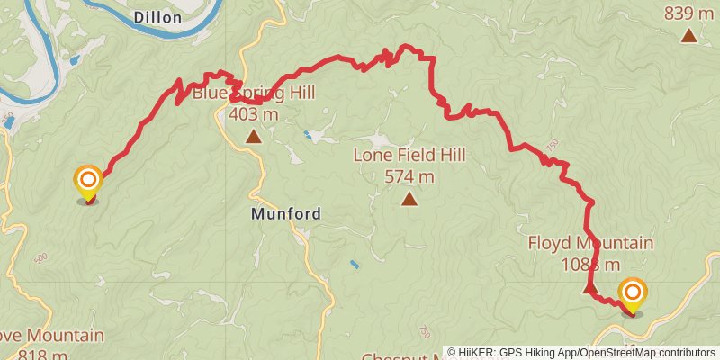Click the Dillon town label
[157, 17]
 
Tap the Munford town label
[285, 214]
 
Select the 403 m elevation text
[253, 114]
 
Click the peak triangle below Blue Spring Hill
[253, 138]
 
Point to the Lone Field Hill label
[409, 156]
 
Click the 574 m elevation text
[409, 176]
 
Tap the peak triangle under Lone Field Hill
[409, 200]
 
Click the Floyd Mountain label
[589, 244]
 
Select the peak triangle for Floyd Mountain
[589, 288]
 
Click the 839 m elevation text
[688, 13]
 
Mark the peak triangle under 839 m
[688, 36]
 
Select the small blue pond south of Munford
[355, 265]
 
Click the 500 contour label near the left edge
[40, 257]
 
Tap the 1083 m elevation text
[589, 265]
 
